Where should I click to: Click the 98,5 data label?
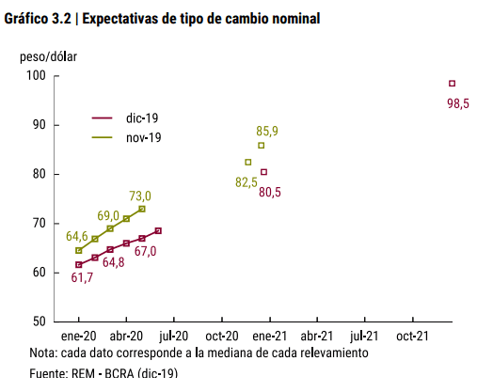[458, 103]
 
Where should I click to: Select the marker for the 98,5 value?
[453, 84]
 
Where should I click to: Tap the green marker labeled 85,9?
[261, 146]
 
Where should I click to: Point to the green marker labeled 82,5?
[248, 162]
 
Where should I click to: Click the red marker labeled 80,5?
[263, 172]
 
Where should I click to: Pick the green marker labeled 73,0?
[142, 209]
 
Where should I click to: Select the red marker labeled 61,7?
[79, 265]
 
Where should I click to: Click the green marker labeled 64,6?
[79, 250]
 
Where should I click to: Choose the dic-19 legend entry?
[125, 118]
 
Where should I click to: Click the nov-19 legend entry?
[126, 137]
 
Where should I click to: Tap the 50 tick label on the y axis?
[40, 321]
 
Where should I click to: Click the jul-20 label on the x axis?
[173, 337]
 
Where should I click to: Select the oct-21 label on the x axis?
[412, 337]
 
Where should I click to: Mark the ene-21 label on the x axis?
[270, 337]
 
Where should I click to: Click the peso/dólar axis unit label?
[48, 57]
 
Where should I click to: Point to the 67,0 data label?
[145, 251]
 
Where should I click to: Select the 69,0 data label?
[108, 216]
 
